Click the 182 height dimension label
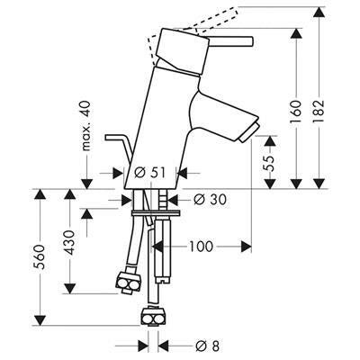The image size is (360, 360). tap(319, 110)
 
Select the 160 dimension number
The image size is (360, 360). tap(296, 110)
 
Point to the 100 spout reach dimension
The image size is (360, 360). tap(201, 247)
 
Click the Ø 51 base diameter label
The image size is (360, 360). tap(149, 173)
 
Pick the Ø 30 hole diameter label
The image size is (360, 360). tap(210, 200)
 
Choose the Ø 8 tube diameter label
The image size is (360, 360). tap(207, 346)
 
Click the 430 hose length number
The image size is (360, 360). tap(70, 242)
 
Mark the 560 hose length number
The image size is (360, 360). tap(40, 257)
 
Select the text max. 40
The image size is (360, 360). tap(86, 126)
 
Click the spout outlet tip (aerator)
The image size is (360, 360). tap(248, 132)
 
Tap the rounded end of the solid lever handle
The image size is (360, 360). tap(251, 41)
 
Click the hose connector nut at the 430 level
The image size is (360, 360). tap(128, 282)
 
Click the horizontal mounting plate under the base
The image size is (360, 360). tap(156, 212)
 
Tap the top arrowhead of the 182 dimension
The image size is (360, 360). tap(319, 12)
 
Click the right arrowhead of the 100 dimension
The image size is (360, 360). tap(246, 247)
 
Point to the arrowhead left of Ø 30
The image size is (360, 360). tap(127, 200)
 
